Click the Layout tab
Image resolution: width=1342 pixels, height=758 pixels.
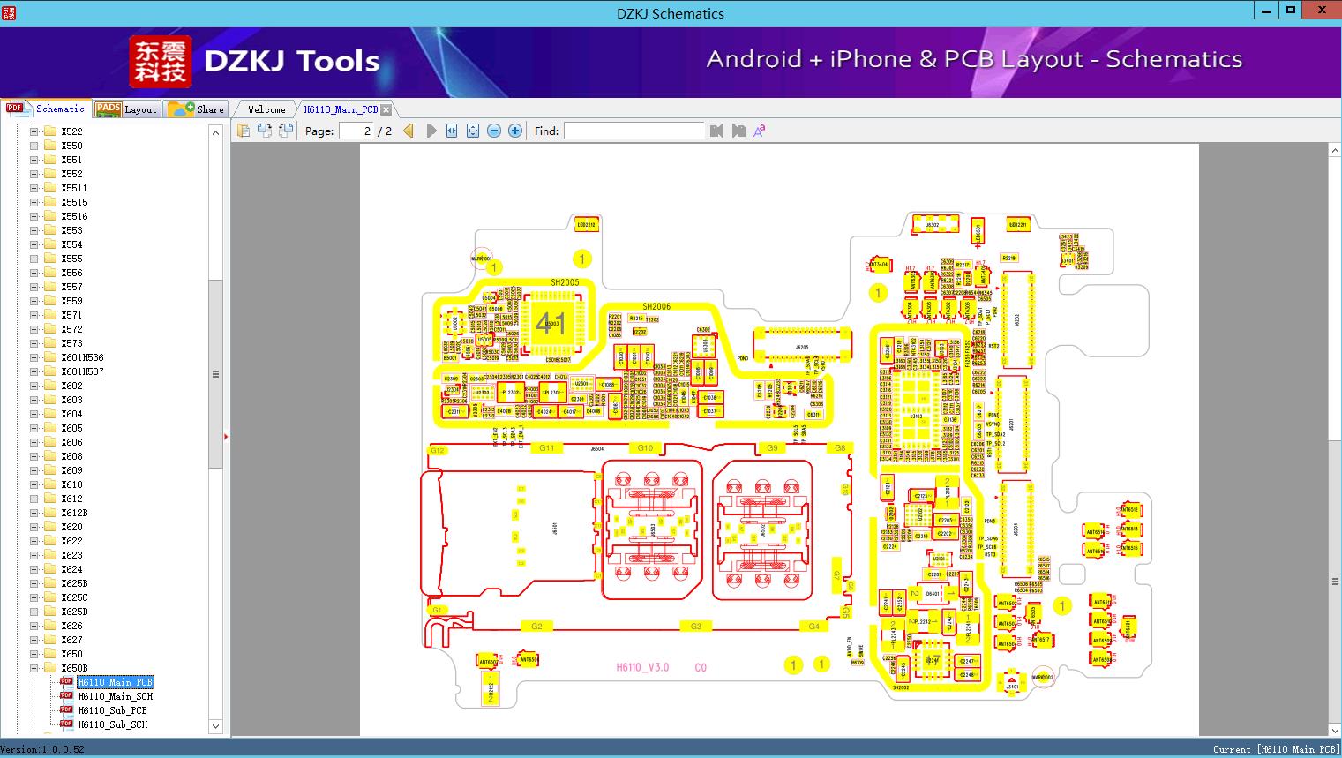126,109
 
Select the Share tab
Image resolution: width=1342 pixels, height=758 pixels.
197,109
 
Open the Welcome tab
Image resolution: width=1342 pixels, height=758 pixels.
266,109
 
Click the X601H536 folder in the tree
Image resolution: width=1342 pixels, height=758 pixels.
82,357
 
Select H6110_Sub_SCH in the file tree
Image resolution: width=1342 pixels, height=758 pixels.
112,724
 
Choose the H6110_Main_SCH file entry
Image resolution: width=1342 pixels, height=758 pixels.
115,696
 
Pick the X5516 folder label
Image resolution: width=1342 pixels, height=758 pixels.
74,216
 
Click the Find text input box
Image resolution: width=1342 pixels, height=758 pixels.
634,131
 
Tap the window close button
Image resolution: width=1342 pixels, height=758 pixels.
1323,11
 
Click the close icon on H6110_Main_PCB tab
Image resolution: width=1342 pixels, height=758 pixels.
386,109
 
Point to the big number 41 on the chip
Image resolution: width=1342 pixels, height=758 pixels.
551,323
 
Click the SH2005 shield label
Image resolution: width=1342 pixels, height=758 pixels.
565,282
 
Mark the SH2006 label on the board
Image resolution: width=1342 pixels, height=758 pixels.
656,306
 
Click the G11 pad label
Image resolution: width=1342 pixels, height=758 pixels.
547,448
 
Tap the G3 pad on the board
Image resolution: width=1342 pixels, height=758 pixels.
696,627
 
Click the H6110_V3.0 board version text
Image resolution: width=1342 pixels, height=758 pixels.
642,667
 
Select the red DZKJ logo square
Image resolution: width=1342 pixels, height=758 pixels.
161,62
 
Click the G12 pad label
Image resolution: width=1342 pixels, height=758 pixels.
437,450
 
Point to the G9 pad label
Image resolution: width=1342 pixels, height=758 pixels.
772,448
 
